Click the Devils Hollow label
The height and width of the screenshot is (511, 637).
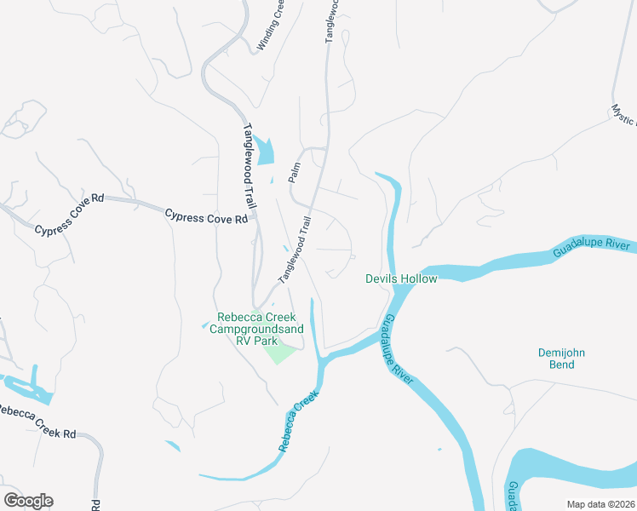(x=401, y=278)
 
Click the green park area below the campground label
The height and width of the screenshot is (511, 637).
(x=280, y=350)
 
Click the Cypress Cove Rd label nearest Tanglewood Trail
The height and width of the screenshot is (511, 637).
(x=206, y=216)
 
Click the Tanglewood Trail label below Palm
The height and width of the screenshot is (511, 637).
(x=295, y=249)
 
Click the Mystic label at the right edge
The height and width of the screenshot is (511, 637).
(x=623, y=116)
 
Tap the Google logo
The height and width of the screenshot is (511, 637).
(x=28, y=501)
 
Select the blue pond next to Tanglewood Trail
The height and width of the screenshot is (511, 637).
(x=265, y=151)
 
